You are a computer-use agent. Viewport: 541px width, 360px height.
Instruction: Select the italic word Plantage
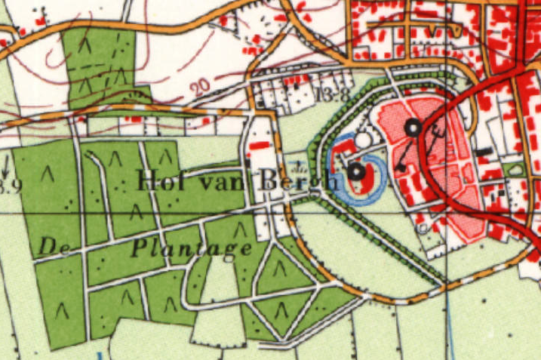[192, 247]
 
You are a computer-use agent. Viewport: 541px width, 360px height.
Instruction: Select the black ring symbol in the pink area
[413, 128]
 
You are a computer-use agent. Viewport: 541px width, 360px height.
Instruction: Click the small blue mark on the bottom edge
[99, 355]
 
